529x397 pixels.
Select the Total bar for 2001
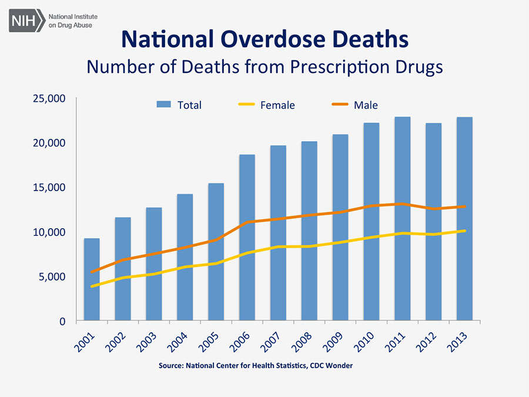click(x=92, y=279)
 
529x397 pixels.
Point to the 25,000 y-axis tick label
click(x=49, y=98)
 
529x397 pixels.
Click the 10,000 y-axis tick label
click(x=49, y=232)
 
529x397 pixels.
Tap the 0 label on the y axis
click(x=62, y=321)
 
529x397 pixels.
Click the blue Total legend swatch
click(x=164, y=105)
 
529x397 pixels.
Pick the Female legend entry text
click(x=277, y=105)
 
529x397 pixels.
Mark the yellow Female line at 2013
click(x=465, y=231)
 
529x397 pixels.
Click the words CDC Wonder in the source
click(x=332, y=365)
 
